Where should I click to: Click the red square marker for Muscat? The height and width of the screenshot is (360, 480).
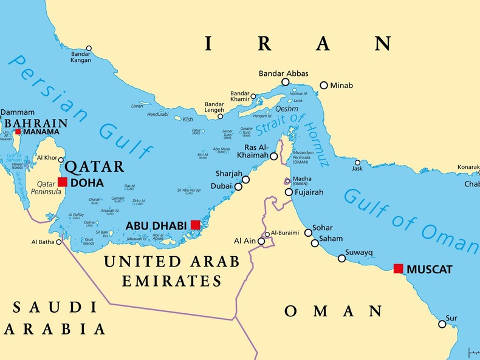coord(398,268)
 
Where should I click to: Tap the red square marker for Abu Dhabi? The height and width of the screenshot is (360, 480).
coord(195,225)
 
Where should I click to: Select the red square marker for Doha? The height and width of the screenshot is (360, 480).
coord(63,182)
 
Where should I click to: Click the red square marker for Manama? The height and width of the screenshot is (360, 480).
coord(18,132)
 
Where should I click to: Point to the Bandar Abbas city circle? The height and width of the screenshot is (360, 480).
coord(285,82)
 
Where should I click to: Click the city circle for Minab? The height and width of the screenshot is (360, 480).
coord(324,86)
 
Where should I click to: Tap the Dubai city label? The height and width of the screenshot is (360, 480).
coord(221,186)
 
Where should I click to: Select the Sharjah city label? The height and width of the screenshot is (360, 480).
coord(228,174)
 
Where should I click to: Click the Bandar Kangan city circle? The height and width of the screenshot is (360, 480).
coord(89,48)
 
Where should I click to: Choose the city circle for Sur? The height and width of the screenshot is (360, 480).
coord(442,324)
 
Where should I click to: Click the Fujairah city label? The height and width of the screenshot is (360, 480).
coord(310,192)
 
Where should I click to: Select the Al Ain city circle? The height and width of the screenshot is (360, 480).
coord(261,241)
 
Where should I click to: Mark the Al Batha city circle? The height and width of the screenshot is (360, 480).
coord(59,242)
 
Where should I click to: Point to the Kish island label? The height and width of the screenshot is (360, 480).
coord(188,120)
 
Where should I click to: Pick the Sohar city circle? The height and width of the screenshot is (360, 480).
coord(308,233)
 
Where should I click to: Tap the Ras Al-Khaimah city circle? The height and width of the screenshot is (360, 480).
coord(274,156)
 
